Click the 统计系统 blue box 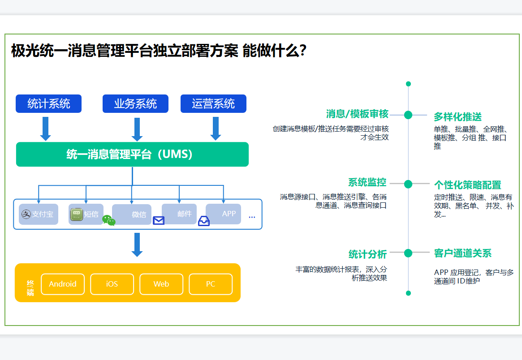(48, 104)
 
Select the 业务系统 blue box (135, 104)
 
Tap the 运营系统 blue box (213, 104)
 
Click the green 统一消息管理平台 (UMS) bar (132, 154)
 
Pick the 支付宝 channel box (39, 214)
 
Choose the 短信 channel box (86, 214)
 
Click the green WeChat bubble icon (109, 220)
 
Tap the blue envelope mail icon (159, 220)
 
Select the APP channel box (224, 214)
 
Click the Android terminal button (63, 284)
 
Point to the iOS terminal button (112, 284)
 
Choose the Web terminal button (161, 284)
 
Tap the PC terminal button (211, 284)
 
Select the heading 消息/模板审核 (357, 114)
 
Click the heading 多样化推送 (457, 117)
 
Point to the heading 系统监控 (367, 183)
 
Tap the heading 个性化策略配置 (467, 185)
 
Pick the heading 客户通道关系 (462, 253)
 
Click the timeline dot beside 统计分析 (408, 253)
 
